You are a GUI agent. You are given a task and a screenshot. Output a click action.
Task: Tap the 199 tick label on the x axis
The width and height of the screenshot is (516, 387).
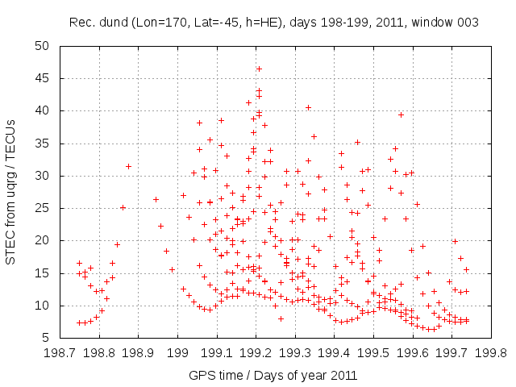point(177,352)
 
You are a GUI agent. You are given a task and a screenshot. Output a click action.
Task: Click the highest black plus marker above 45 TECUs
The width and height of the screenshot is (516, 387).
point(259,69)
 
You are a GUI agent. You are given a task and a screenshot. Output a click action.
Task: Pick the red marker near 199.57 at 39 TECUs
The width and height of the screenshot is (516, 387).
point(401,114)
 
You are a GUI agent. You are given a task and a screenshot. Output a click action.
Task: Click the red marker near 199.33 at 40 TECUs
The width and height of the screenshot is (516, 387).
point(308,107)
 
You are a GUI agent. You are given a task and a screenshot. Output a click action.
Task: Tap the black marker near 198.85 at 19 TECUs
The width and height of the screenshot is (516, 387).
point(117,244)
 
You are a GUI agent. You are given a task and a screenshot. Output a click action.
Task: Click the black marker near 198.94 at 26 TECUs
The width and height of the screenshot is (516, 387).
point(156,199)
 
